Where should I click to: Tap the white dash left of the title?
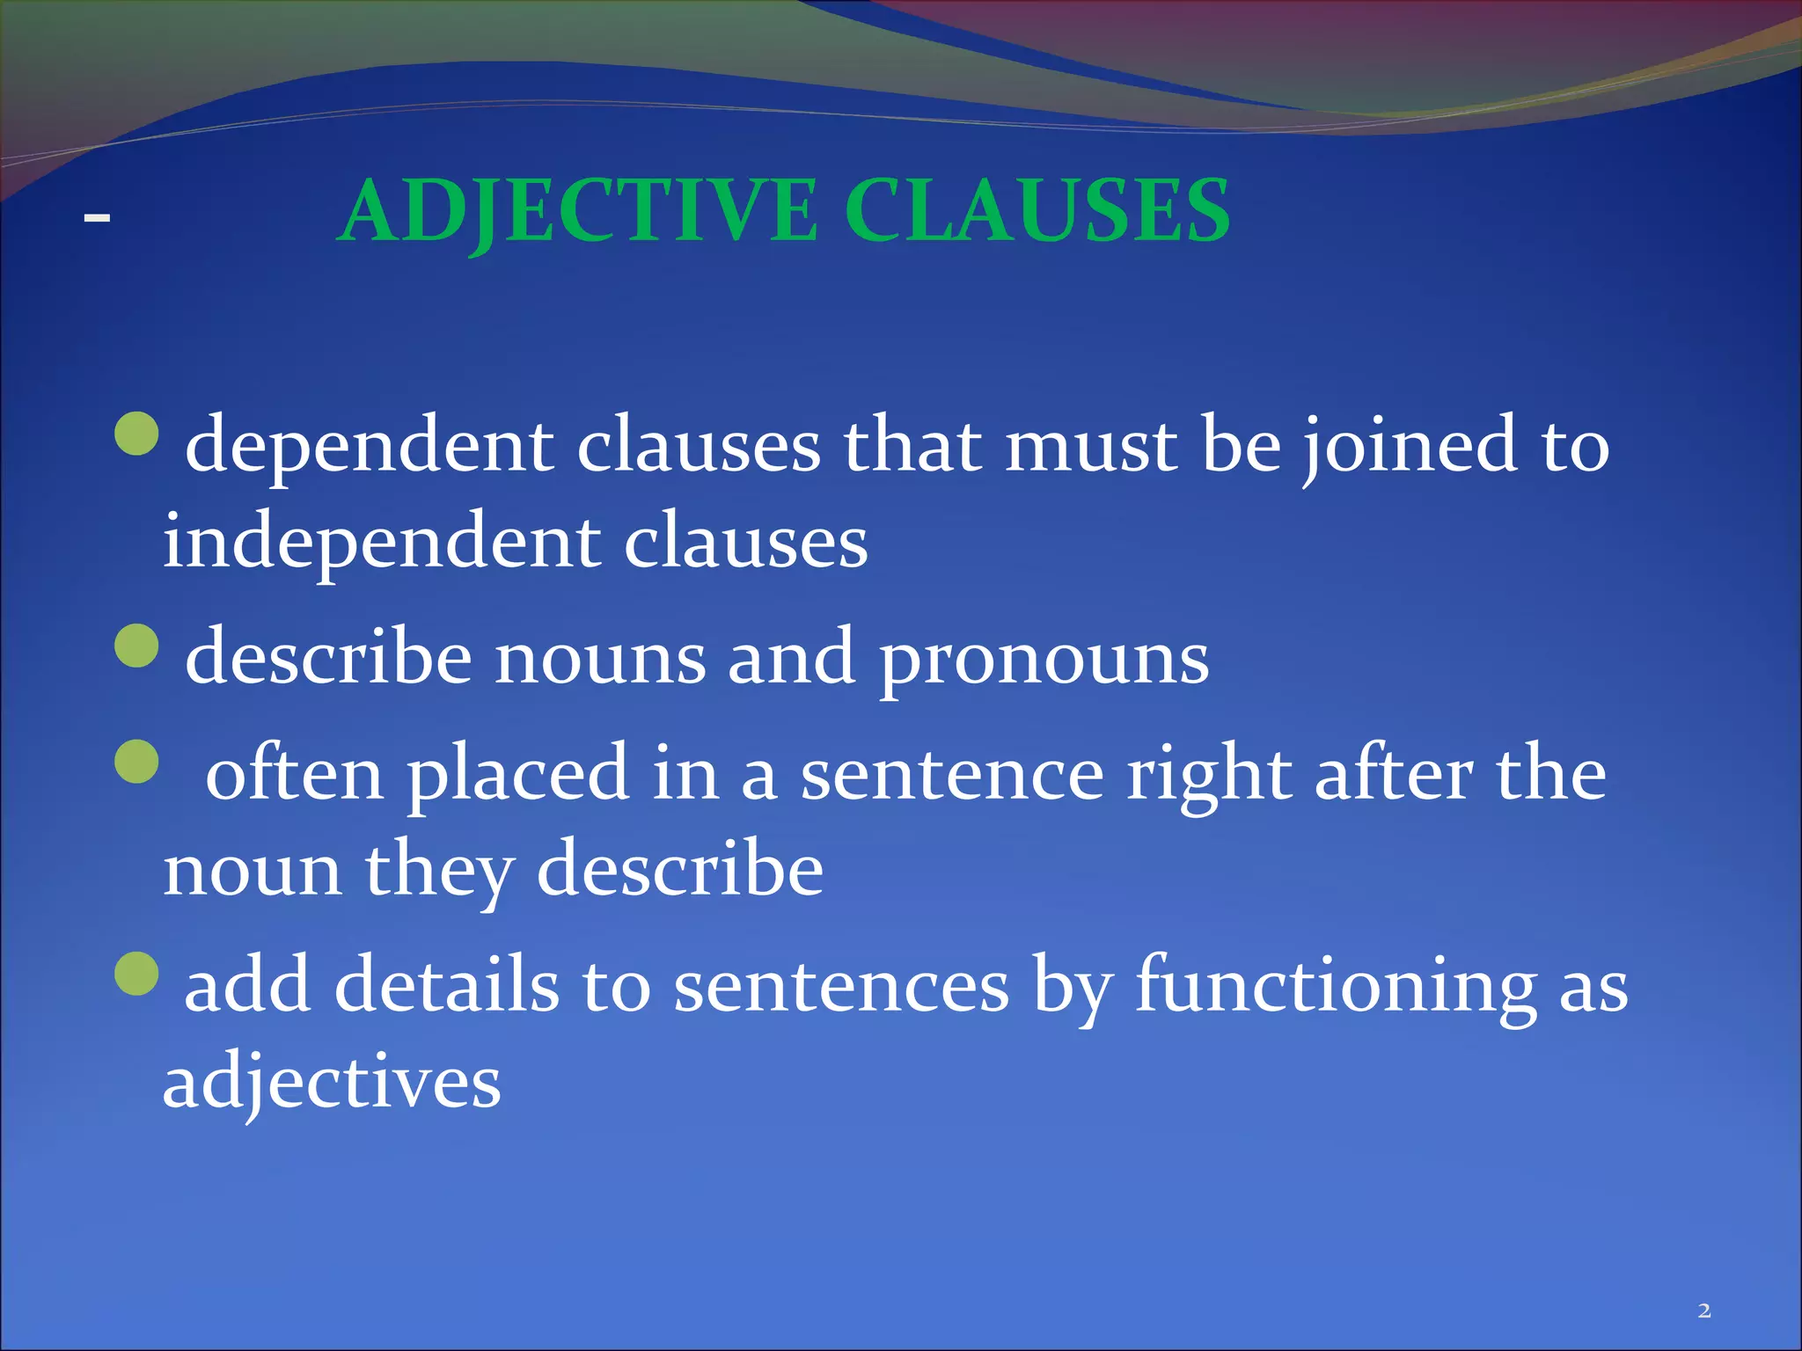pos(97,216)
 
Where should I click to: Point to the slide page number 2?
pos(1704,1311)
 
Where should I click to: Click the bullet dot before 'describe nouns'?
pos(137,646)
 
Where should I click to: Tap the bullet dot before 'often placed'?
pos(137,761)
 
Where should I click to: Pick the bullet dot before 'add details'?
pos(137,972)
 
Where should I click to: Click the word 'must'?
pos(1091,447)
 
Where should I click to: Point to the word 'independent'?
pos(382,544)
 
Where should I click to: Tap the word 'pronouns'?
pos(1044,660)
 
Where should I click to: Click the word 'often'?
pos(294,774)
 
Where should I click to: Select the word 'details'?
pos(446,985)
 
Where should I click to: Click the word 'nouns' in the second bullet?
pos(600,660)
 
